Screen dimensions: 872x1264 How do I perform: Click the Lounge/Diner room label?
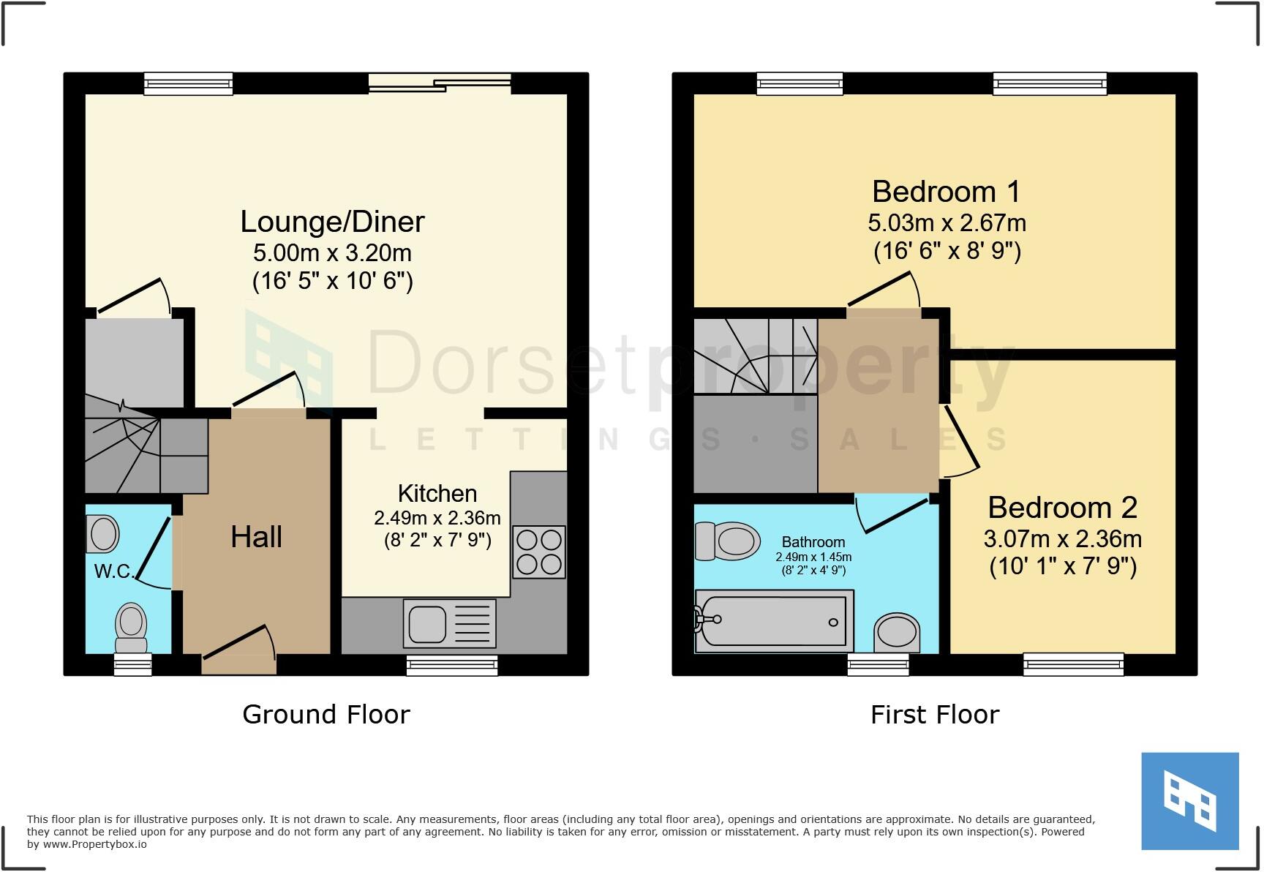tap(332, 222)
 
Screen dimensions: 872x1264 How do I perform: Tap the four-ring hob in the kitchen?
tap(538, 552)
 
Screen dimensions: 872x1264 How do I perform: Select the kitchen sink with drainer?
tap(449, 623)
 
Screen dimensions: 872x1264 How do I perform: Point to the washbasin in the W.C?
tap(102, 533)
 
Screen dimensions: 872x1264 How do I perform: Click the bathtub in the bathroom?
tap(774, 621)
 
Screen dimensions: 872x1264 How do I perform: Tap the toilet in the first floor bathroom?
tap(729, 541)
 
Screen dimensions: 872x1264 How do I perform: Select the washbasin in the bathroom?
tap(897, 633)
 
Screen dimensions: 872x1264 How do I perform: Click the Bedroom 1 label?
tap(946, 192)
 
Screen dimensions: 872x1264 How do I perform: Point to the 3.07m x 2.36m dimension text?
tap(1062, 539)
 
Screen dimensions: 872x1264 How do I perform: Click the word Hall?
tap(256, 537)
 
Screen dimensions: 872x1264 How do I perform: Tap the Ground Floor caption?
tap(326, 714)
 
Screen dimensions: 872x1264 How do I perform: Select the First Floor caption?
tap(934, 714)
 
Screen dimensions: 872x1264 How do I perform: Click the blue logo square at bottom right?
tap(1189, 800)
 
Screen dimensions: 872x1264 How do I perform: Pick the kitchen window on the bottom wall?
tap(452, 664)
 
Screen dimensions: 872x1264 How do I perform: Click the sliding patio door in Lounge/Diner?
tap(439, 83)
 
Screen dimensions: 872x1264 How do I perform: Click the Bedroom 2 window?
tap(1073, 664)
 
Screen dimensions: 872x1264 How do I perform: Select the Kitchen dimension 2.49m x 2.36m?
tap(437, 518)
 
